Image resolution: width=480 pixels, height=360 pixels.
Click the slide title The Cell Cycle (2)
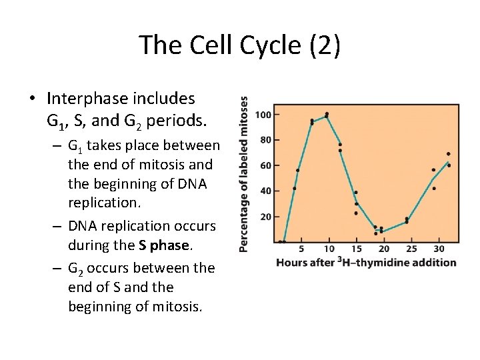click(x=240, y=45)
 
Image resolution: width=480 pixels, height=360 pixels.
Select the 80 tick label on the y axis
click(x=264, y=140)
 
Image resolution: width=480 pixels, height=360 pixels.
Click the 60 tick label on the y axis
click(x=264, y=165)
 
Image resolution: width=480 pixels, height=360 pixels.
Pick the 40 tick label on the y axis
click(x=264, y=191)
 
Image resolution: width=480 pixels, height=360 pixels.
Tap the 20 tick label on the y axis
click(x=264, y=217)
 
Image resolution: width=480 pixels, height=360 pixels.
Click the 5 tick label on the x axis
click(x=301, y=249)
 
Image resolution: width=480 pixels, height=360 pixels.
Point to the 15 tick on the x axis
click(x=356, y=249)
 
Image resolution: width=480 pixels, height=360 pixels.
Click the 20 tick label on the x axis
click(x=384, y=249)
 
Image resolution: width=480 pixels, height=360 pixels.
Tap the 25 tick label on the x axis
click(x=411, y=249)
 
